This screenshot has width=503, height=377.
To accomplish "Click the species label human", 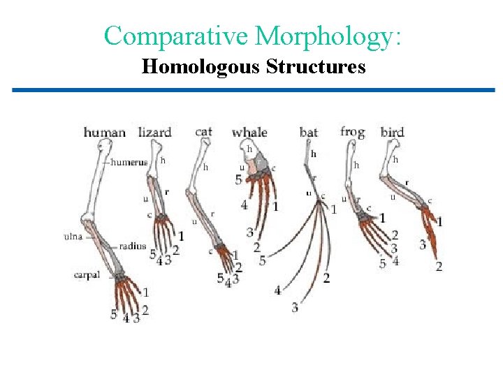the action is tap(105, 132).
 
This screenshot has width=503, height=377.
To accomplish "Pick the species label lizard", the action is tap(154, 132).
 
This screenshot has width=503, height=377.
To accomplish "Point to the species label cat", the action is tap(204, 131).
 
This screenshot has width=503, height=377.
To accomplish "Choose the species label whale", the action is tap(249, 132).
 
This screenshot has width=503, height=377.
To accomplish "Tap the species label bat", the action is tap(308, 132).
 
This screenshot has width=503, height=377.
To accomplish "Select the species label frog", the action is tap(352, 131).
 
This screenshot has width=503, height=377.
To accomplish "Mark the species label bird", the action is tap(393, 132).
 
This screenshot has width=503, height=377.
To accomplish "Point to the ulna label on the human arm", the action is tap(73, 236).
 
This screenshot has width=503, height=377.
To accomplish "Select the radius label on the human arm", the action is tap(133, 246).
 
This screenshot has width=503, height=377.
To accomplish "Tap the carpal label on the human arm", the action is tap(87, 274).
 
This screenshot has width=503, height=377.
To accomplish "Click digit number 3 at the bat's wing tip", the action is tap(295, 306).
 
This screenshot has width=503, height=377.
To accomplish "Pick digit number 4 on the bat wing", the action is tap(277, 290).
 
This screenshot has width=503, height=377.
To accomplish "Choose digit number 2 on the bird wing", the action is tap(439, 266).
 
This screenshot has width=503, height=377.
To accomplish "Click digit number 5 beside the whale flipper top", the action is tap(238, 179).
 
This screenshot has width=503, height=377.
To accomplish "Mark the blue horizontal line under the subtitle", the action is tap(253, 90).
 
